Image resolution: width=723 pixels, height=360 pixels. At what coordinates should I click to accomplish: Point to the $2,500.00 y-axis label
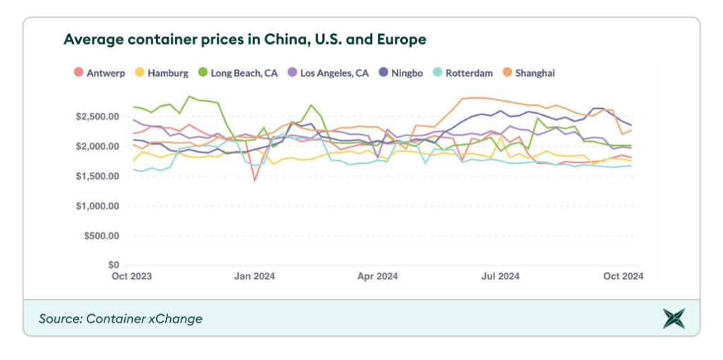point(97,116)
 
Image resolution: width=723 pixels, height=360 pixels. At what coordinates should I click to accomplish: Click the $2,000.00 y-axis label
point(97,146)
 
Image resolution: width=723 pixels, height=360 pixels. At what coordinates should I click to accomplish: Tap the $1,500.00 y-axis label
point(97,176)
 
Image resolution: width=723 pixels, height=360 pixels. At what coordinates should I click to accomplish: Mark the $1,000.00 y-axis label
point(97,206)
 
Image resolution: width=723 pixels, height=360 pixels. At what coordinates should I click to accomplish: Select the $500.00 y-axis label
point(102,236)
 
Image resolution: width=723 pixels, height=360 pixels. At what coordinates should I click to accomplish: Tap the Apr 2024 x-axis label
point(377,277)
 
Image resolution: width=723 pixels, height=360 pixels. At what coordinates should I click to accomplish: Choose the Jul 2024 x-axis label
point(501,277)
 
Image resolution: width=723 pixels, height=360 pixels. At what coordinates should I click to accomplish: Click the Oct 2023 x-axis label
point(131,277)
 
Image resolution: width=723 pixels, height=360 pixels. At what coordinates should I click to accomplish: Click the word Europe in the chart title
point(401,39)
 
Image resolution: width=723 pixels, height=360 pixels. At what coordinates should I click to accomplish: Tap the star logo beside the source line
point(674,318)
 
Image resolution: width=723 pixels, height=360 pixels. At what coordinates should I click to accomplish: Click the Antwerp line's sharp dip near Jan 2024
point(255,181)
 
